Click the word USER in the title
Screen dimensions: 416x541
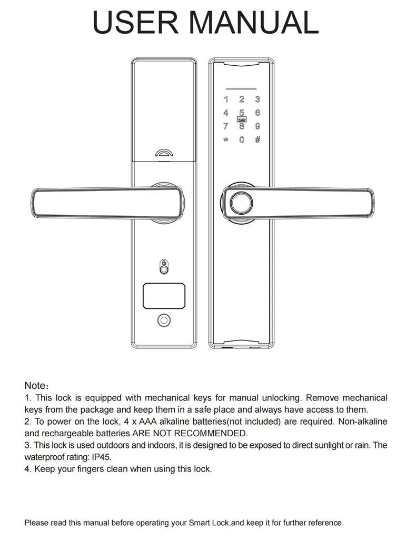pos(136,22)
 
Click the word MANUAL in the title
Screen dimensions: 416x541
pos(254,22)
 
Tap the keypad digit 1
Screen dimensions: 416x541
pos(226,99)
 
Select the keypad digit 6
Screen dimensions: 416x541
pos(257,113)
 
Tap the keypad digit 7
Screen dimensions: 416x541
pos(226,126)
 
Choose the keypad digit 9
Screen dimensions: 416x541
pos(257,126)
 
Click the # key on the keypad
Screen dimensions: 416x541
pos(257,140)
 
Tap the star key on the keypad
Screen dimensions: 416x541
pos(226,140)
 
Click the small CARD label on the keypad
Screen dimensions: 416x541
pos(242,120)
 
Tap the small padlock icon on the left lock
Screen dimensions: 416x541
pos(164,263)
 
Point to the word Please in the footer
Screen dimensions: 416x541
pos(37,523)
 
